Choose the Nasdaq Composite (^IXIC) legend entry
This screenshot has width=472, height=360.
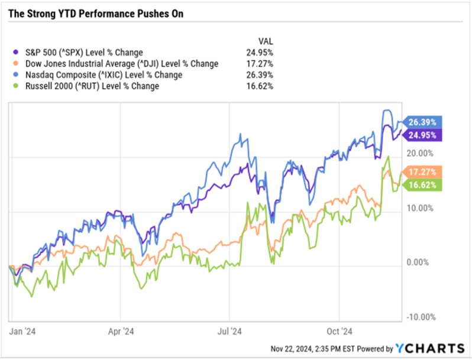pyautogui.click(x=101, y=75)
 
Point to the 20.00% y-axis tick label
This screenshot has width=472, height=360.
pyautogui.click(x=422, y=153)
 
